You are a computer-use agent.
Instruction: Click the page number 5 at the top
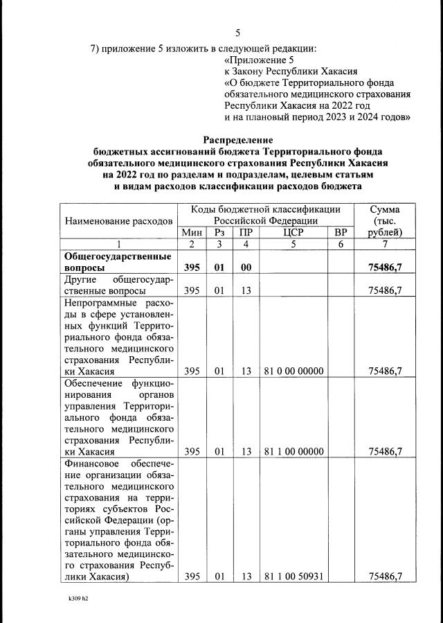point(238,33)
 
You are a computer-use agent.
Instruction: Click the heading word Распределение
point(238,139)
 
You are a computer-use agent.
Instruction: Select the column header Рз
point(219,232)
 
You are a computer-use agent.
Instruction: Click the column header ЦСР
point(293,232)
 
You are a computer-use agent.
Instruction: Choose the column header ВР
point(340,232)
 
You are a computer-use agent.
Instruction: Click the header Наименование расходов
point(118,220)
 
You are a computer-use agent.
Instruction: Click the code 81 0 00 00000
point(293,371)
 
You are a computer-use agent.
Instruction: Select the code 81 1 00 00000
point(293,451)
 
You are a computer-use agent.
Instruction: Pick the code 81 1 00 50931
point(293,576)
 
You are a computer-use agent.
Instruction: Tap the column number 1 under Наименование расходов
point(118,244)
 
